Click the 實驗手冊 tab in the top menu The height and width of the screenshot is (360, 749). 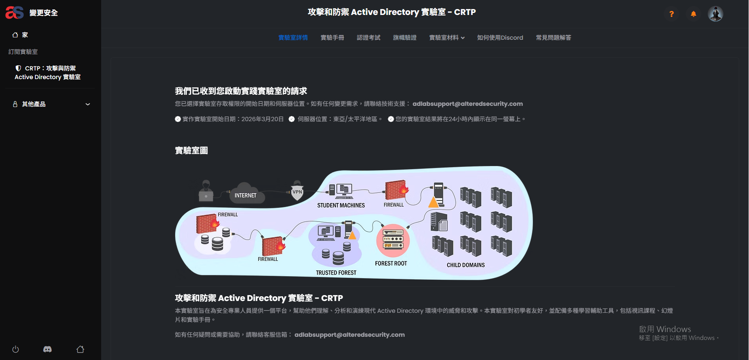(x=332, y=38)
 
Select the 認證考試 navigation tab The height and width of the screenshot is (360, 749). (x=368, y=38)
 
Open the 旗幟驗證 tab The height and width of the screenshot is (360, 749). (x=405, y=38)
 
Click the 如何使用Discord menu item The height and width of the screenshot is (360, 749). (x=500, y=38)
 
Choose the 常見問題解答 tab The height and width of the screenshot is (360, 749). (x=553, y=38)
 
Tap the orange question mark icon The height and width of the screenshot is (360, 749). (x=671, y=14)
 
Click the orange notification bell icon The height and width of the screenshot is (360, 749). (x=694, y=14)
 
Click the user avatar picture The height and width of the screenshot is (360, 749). (x=715, y=14)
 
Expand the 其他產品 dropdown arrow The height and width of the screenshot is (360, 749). (x=88, y=104)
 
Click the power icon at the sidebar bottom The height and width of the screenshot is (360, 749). (x=16, y=349)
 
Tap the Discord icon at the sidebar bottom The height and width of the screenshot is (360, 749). (x=47, y=349)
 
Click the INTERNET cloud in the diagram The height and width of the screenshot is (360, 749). (x=245, y=194)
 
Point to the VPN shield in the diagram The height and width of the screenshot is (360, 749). (x=297, y=192)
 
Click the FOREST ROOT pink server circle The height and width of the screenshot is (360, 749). (x=393, y=240)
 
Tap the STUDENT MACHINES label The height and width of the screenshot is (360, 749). (x=341, y=205)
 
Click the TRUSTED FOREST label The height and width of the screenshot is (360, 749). (x=336, y=273)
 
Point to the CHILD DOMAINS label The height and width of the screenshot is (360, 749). (x=466, y=265)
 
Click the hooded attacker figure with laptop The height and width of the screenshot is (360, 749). (x=206, y=191)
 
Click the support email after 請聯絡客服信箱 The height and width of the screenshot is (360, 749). (x=350, y=335)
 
